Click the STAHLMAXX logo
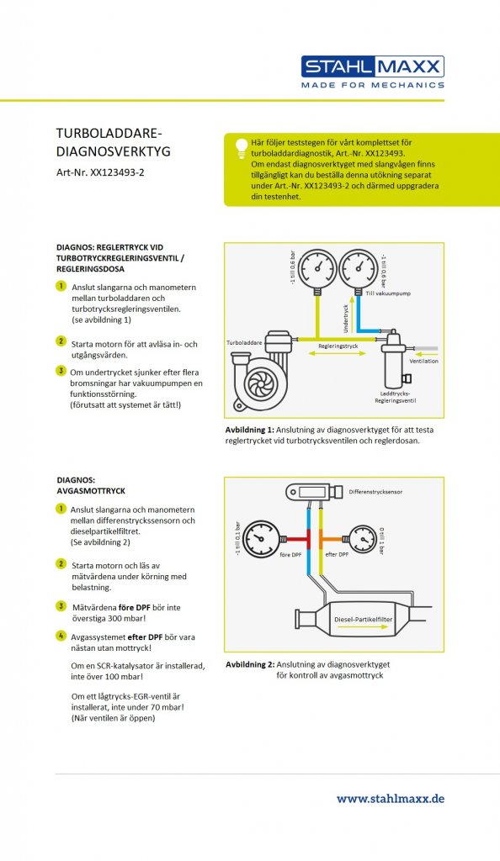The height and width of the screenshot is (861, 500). tap(373, 71)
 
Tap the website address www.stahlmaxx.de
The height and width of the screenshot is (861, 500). tap(390, 799)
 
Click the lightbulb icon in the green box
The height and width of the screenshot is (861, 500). tap(241, 148)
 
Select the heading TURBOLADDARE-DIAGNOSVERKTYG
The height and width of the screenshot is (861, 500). tap(113, 142)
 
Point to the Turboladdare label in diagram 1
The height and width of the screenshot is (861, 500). tap(244, 343)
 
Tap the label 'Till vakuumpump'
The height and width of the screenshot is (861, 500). tap(388, 293)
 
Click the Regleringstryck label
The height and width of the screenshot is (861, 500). tap(338, 346)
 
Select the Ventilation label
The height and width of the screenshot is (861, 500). tap(423, 361)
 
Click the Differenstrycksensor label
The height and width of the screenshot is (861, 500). tap(375, 492)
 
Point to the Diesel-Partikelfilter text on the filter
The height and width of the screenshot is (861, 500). tap(363, 620)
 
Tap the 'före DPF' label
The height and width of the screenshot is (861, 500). tap(290, 555)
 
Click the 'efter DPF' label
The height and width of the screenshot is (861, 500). tap(337, 555)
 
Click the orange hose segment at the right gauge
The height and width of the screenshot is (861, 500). tap(329, 539)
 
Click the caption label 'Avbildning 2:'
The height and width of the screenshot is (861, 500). tap(250, 664)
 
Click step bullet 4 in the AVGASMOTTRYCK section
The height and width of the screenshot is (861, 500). tap(61, 636)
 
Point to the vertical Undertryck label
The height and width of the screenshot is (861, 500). tap(346, 319)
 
